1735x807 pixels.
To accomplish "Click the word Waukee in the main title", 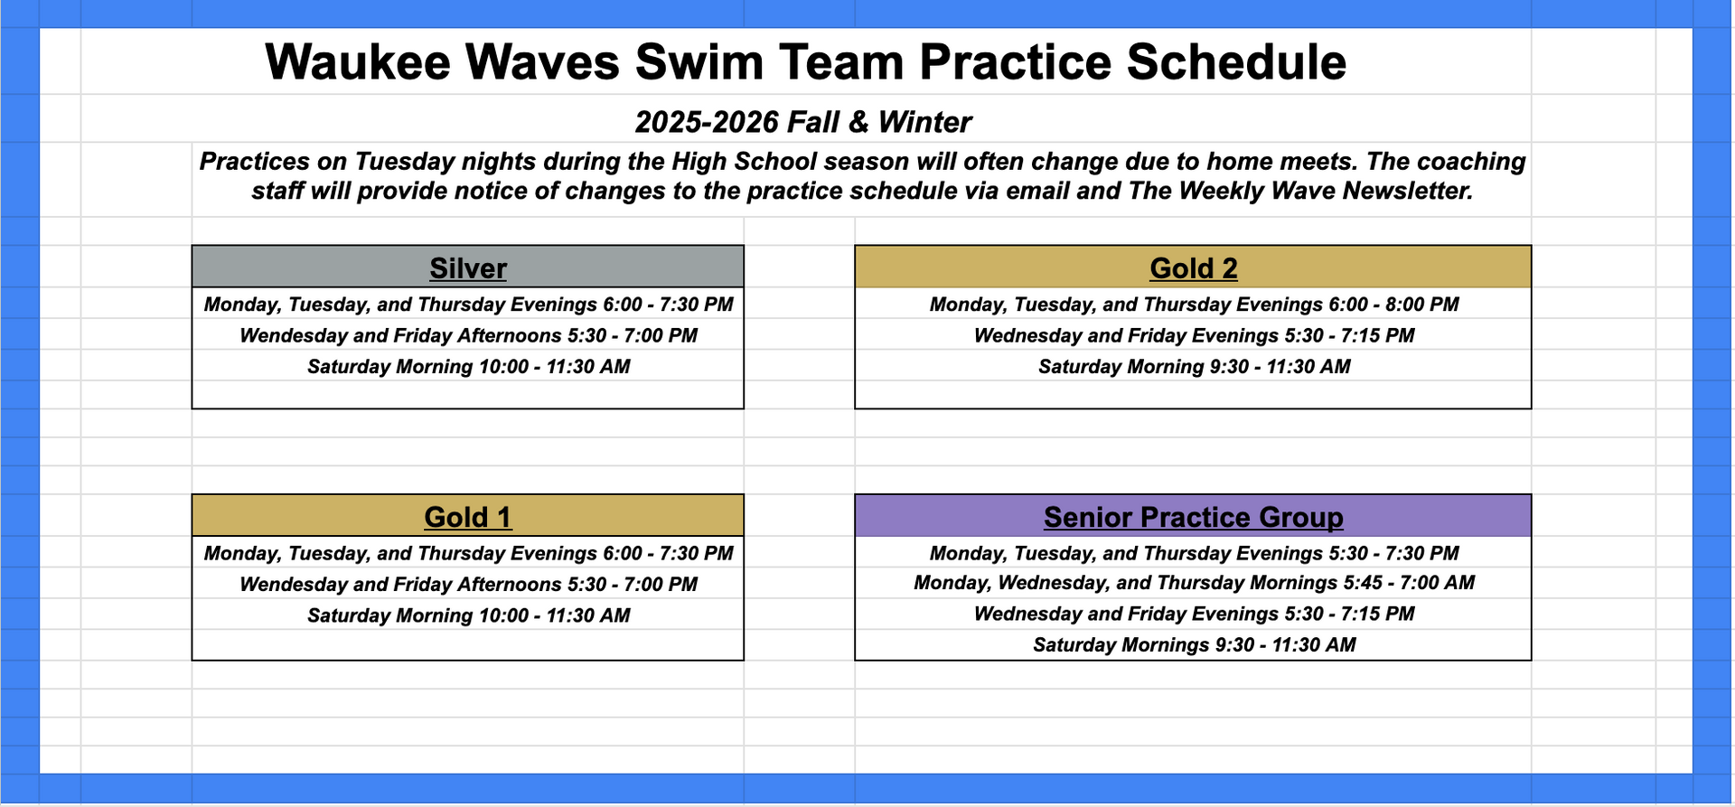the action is (x=358, y=62).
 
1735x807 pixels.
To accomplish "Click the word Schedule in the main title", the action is (x=1236, y=62).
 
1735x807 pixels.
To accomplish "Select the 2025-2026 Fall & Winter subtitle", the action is (x=802, y=122).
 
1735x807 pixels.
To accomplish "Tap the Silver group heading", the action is (x=468, y=268).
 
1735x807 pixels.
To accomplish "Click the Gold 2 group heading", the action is (x=1194, y=268).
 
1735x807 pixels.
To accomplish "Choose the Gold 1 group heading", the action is (x=468, y=517).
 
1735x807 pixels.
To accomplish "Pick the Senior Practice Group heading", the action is (x=1194, y=517).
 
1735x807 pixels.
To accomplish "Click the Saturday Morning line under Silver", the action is (x=469, y=367).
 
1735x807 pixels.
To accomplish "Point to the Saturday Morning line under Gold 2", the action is (x=1195, y=367).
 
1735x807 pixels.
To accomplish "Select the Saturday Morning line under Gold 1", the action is (x=469, y=615).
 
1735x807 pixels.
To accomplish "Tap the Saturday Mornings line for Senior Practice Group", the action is (x=1195, y=645).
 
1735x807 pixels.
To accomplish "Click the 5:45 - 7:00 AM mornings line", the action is (x=1194, y=583).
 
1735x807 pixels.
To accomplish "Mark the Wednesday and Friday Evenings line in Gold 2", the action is (x=1194, y=336).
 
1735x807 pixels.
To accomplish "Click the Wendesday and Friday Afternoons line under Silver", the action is (x=468, y=336).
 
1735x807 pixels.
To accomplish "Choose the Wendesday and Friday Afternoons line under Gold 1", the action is (x=468, y=585).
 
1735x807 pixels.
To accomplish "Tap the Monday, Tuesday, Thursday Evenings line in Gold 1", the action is (x=468, y=553).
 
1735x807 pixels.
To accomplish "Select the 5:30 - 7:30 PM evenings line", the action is (x=1194, y=553).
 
